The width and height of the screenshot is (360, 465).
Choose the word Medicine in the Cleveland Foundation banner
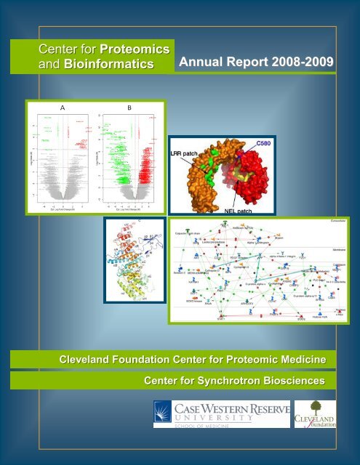pyautogui.click(x=300, y=359)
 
